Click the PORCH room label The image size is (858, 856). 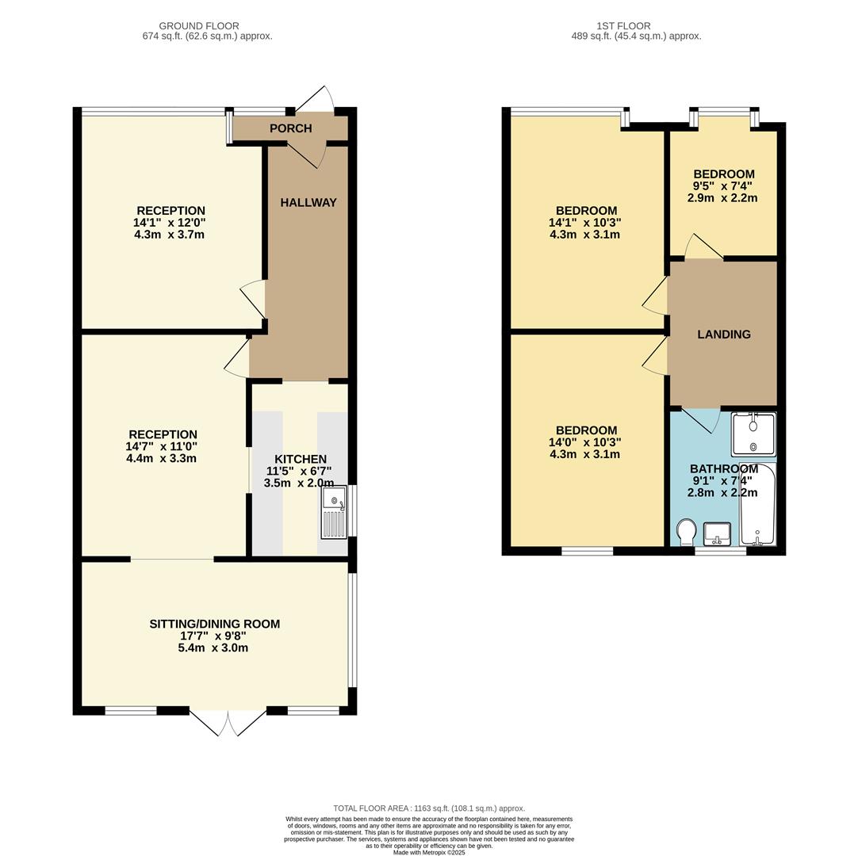(290, 128)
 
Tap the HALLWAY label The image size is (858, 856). (308, 203)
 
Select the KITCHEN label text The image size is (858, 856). (300, 460)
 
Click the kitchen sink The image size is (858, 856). (334, 513)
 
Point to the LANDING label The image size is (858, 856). (723, 334)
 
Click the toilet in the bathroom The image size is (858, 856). (687, 531)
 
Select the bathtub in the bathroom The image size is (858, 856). (758, 505)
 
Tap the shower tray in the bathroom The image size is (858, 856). (753, 434)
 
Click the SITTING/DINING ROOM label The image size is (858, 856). (214, 625)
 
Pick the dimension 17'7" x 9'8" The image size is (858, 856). (214, 636)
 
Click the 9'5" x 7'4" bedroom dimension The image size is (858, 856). (723, 186)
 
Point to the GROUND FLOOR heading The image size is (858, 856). (199, 26)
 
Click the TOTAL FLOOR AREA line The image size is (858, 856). (428, 808)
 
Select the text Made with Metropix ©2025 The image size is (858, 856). (428, 852)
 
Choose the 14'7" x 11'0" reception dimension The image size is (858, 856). (163, 447)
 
